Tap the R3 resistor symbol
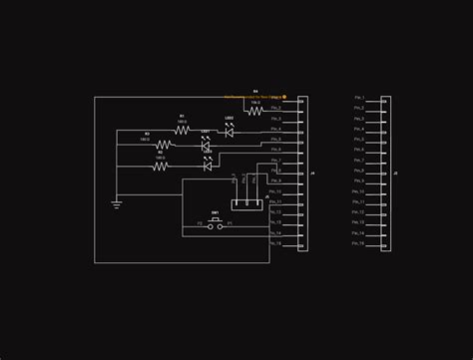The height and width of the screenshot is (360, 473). [161, 167]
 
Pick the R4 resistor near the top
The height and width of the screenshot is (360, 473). [255, 112]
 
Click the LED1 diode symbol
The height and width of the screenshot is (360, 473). [207, 146]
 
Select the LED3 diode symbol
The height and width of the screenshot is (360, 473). [208, 167]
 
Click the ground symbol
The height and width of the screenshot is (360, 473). [117, 204]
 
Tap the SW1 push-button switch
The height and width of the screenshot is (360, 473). [215, 226]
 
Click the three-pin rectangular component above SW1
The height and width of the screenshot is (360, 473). [245, 203]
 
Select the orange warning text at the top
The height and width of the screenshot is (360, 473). [254, 98]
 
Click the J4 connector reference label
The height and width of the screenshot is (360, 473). [312, 174]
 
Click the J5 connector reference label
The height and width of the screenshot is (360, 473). [395, 174]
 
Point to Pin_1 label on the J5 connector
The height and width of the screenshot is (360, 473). [359, 98]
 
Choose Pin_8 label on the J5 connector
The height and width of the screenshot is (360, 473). [359, 171]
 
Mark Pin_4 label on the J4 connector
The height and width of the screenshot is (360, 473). [275, 129]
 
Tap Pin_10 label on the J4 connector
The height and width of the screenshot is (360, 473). [275, 191]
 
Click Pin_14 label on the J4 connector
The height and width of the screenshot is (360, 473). [275, 233]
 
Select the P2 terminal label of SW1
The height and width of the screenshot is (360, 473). [200, 224]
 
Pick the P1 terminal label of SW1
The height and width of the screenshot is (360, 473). [230, 224]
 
